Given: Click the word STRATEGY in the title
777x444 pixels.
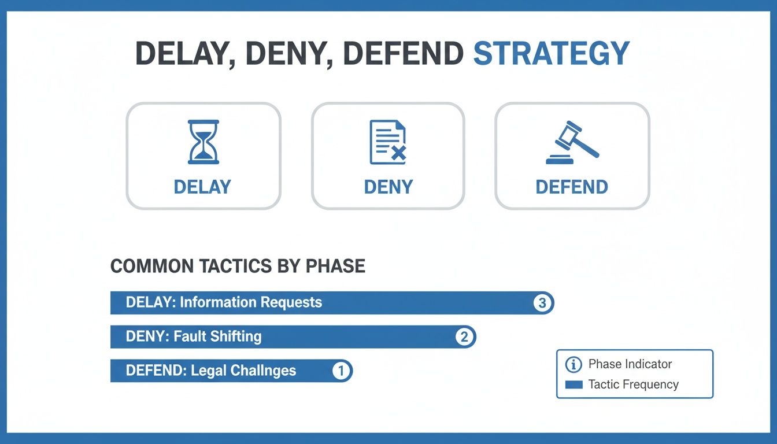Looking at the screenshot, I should [x=551, y=54].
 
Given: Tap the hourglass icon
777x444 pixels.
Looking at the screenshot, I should [x=203, y=142].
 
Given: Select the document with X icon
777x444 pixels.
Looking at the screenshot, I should [x=388, y=142].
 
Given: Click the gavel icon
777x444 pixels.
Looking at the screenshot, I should [x=572, y=142].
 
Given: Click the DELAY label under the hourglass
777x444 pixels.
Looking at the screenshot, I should [x=202, y=187].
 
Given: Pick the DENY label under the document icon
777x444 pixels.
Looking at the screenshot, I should [x=388, y=187].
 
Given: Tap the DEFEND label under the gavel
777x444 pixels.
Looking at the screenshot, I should [x=572, y=187].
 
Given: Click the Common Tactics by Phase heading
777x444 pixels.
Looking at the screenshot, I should [x=238, y=266].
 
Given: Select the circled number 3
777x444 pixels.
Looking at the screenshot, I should [x=542, y=303].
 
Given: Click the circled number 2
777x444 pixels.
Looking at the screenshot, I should [x=464, y=337].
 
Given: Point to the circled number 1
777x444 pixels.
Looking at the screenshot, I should [x=341, y=371].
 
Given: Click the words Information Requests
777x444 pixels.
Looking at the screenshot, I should [x=251, y=302].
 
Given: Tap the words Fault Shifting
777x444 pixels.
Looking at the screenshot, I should [x=217, y=336].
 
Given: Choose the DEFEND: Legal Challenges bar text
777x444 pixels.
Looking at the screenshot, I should [x=211, y=371].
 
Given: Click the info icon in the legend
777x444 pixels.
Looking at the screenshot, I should [x=573, y=364].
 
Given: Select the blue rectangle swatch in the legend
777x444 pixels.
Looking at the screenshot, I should [x=573, y=384].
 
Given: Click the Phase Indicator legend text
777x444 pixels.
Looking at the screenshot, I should [x=630, y=364].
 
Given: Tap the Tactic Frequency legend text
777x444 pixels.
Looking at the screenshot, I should [x=633, y=384].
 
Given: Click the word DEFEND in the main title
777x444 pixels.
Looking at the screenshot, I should [x=403, y=54].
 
